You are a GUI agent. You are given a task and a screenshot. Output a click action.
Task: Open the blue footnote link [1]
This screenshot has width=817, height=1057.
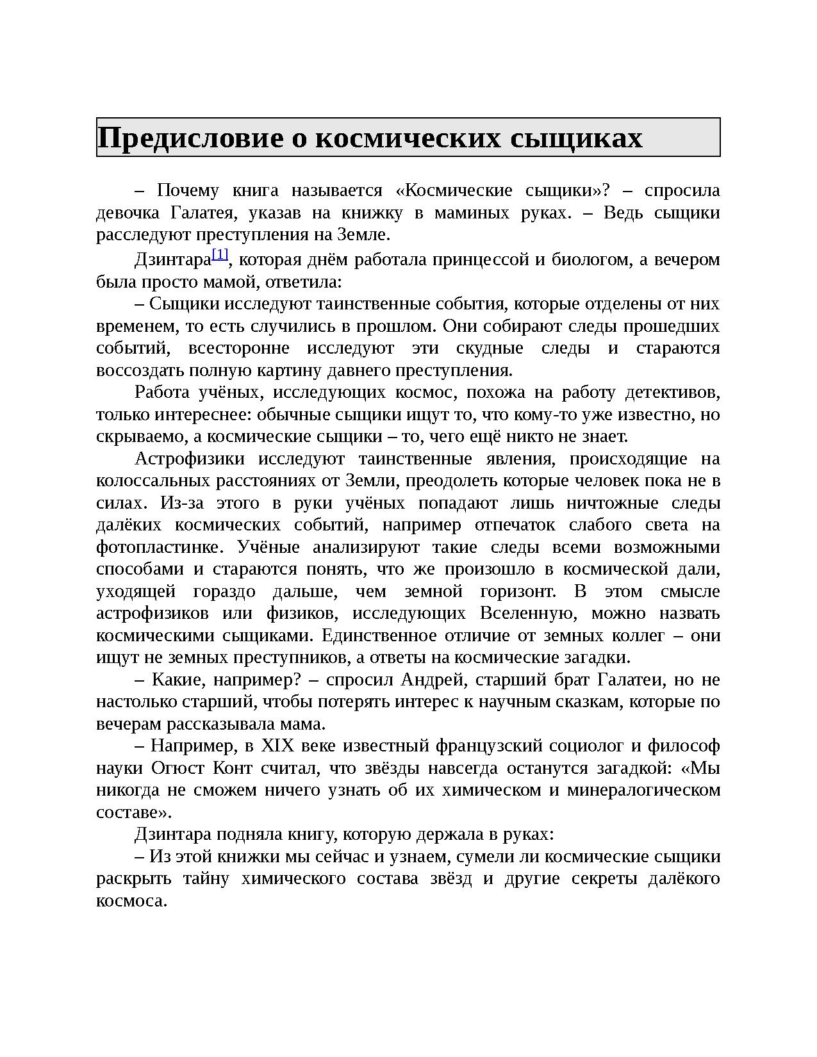220,254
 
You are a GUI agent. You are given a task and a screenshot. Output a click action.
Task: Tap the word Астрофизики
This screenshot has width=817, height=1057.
190,459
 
